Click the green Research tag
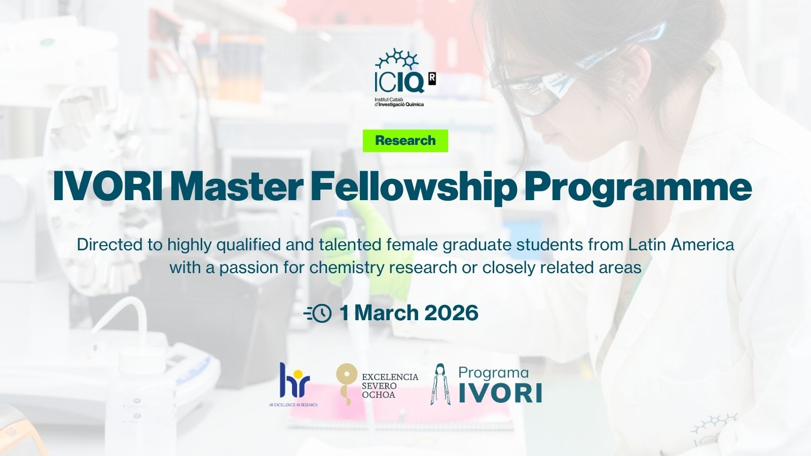405,140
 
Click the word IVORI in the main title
107,187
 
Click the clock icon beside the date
318,313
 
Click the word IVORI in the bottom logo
500,393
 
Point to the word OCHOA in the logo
378,395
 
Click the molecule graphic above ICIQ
397,59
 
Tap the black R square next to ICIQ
432,79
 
